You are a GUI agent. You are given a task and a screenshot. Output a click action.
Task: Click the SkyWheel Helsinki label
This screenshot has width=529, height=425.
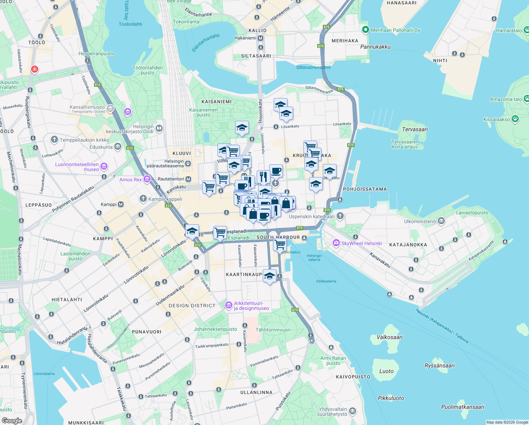361,243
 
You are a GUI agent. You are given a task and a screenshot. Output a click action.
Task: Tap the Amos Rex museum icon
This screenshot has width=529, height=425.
147,180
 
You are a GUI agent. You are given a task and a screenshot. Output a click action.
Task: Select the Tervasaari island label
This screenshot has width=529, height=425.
415,129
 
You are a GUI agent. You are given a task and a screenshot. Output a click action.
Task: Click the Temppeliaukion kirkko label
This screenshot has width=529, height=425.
85,140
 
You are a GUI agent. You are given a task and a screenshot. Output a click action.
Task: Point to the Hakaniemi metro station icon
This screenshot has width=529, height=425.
261,38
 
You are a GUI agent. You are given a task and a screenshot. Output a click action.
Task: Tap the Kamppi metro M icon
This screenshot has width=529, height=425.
121,204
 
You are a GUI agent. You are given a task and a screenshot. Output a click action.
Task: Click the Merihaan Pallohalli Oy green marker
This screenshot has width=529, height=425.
366,30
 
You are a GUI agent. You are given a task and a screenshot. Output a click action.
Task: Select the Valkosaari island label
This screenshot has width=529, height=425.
389,337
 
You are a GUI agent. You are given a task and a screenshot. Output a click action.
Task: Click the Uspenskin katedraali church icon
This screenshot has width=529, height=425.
340,216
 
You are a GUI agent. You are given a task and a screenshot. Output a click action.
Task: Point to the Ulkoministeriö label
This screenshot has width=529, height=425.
420,221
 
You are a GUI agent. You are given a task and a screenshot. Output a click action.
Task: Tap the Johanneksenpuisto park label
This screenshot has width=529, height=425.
215,329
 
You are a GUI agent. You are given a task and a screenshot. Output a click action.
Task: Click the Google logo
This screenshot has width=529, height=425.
12,421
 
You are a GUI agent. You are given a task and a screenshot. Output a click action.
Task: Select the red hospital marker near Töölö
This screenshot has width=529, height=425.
34,69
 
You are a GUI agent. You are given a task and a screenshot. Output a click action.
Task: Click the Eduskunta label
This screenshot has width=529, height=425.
101,147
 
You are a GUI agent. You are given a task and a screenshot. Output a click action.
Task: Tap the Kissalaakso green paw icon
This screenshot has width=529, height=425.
515,119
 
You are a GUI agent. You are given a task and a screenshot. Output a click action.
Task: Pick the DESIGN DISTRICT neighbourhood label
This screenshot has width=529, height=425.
192,305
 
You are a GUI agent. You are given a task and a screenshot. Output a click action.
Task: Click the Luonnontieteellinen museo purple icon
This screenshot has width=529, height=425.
104,166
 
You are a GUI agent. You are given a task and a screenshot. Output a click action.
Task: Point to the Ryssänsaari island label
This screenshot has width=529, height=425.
440,365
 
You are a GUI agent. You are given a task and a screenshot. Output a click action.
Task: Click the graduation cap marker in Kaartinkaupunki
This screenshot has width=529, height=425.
269,276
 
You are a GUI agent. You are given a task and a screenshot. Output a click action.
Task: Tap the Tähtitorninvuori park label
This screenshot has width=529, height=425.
273,330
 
